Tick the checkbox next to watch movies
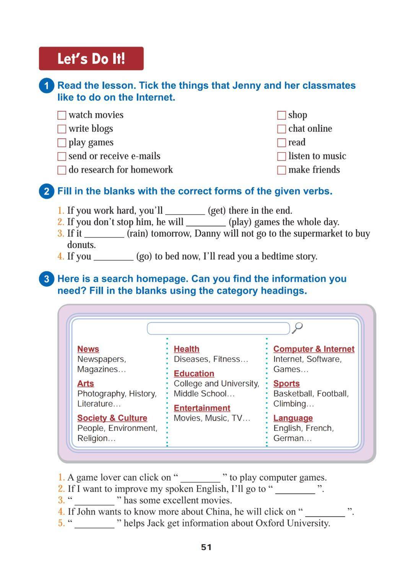click(62, 115)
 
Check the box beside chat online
click(281, 129)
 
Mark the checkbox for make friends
click(281, 170)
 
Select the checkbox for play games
click(62, 143)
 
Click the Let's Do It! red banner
click(91, 58)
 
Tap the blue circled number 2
click(47, 191)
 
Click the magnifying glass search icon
click(298, 328)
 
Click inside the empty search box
click(218, 328)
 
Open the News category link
click(88, 349)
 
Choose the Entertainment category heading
click(202, 408)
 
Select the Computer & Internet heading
click(314, 349)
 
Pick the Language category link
click(293, 418)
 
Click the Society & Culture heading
click(112, 418)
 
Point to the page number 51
click(206, 547)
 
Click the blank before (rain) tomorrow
click(104, 234)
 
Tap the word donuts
click(81, 245)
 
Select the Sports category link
click(286, 383)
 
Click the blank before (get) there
click(185, 211)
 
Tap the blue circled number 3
click(47, 279)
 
